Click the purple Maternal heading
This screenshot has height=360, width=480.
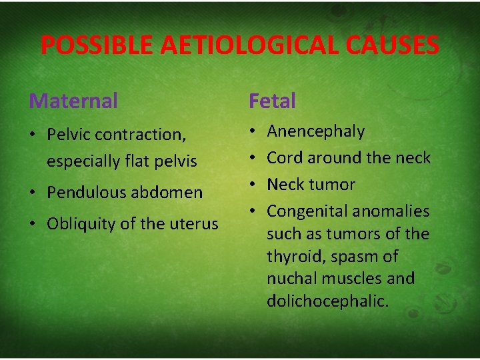(73, 101)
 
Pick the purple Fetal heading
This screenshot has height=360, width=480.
(272, 101)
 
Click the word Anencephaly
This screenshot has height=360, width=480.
(315, 131)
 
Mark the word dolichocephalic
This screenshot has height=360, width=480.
(327, 301)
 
